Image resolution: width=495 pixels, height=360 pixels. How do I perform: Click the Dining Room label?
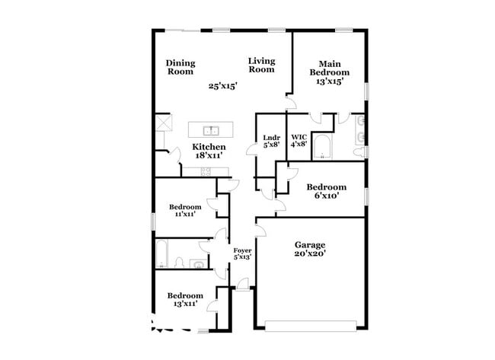pyautogui.click(x=180, y=67)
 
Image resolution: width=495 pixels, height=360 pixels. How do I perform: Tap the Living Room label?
pyautogui.click(x=260, y=65)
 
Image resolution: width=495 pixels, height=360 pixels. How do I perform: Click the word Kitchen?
pyautogui.click(x=208, y=146)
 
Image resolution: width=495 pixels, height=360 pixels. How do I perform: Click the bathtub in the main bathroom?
pyautogui.click(x=322, y=148)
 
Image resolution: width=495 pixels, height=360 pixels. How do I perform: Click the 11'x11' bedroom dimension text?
pyautogui.click(x=185, y=215)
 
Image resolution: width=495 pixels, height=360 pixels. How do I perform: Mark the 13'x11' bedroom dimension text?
pyautogui.click(x=185, y=304)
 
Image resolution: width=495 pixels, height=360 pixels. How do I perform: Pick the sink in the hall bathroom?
pyautogui.click(x=197, y=265)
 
